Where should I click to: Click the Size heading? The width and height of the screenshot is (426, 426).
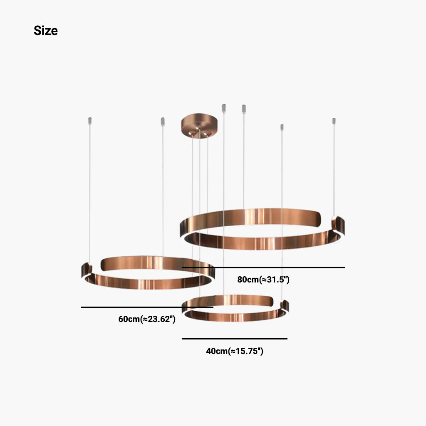point(46,30)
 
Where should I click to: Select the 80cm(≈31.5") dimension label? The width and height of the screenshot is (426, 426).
point(263,280)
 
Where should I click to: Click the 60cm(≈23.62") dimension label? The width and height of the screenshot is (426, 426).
point(147,319)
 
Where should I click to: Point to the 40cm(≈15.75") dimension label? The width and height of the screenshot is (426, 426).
point(235,351)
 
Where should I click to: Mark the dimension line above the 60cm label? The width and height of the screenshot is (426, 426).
point(147,307)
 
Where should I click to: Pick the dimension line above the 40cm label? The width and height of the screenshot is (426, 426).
point(235,339)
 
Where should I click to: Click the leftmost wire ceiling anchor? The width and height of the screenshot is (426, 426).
point(89,120)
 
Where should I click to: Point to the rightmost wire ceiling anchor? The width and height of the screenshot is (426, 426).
point(334,121)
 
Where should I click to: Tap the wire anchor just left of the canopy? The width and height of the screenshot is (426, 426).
point(163,121)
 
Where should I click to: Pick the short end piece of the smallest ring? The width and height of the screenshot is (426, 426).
point(285,306)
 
